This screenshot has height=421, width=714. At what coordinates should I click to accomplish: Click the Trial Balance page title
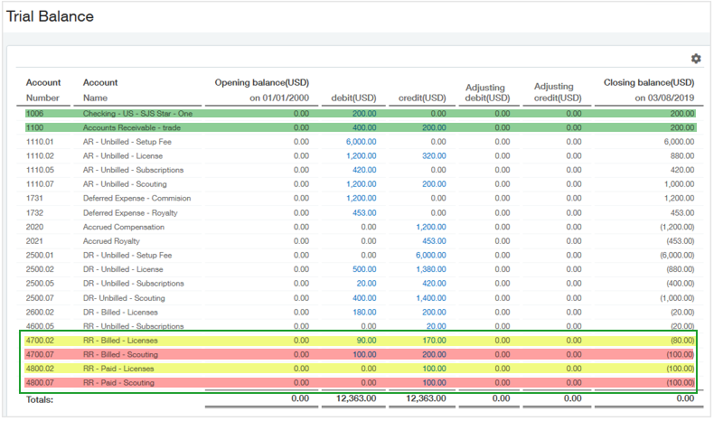tap(50, 16)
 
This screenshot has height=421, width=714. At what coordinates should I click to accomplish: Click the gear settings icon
tap(696, 59)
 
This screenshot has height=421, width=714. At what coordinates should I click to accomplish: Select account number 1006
tap(35, 114)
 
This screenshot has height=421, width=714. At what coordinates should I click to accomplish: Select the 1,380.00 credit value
tap(429, 268)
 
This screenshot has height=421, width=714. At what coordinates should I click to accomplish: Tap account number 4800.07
tap(40, 382)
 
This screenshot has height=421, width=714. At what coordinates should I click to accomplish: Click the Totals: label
tap(40, 398)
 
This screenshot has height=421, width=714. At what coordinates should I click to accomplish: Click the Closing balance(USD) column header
tap(649, 83)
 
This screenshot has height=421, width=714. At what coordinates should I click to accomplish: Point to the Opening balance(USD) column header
tap(262, 83)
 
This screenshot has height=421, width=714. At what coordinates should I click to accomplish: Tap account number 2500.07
tap(40, 297)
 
